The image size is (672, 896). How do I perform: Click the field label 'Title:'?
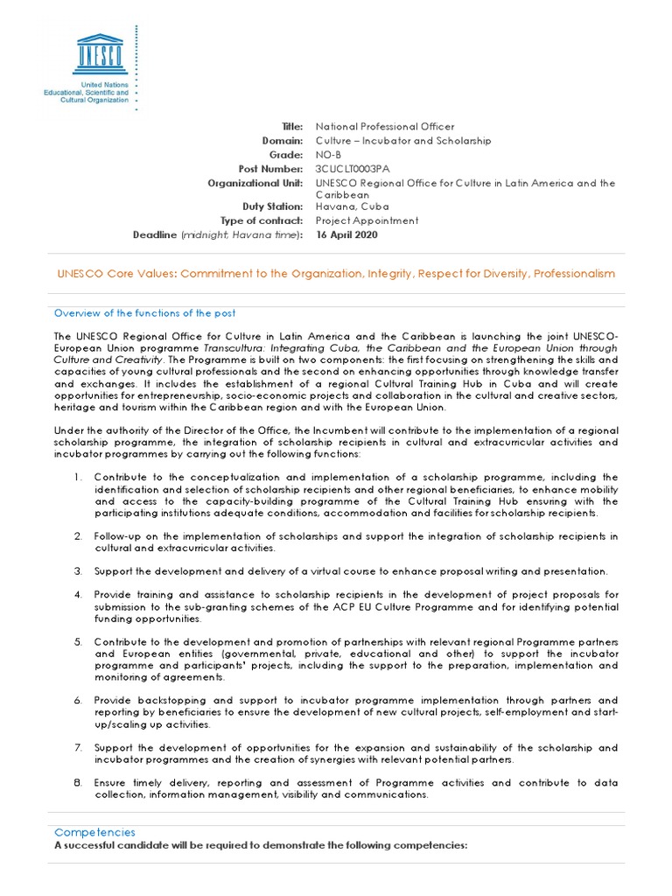(291, 127)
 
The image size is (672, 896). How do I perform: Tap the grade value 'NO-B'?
(329, 154)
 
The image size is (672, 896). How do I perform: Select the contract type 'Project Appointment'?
(367, 220)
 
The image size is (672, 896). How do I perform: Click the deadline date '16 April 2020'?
(347, 234)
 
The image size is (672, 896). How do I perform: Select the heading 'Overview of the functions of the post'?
(144, 313)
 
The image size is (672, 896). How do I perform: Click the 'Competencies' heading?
(94, 832)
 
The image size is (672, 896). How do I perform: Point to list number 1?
(78, 477)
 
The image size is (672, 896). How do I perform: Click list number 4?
(78, 595)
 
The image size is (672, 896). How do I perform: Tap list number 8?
(78, 783)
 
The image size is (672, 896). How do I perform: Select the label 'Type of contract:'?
(262, 220)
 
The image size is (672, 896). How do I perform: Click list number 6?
(78, 700)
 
